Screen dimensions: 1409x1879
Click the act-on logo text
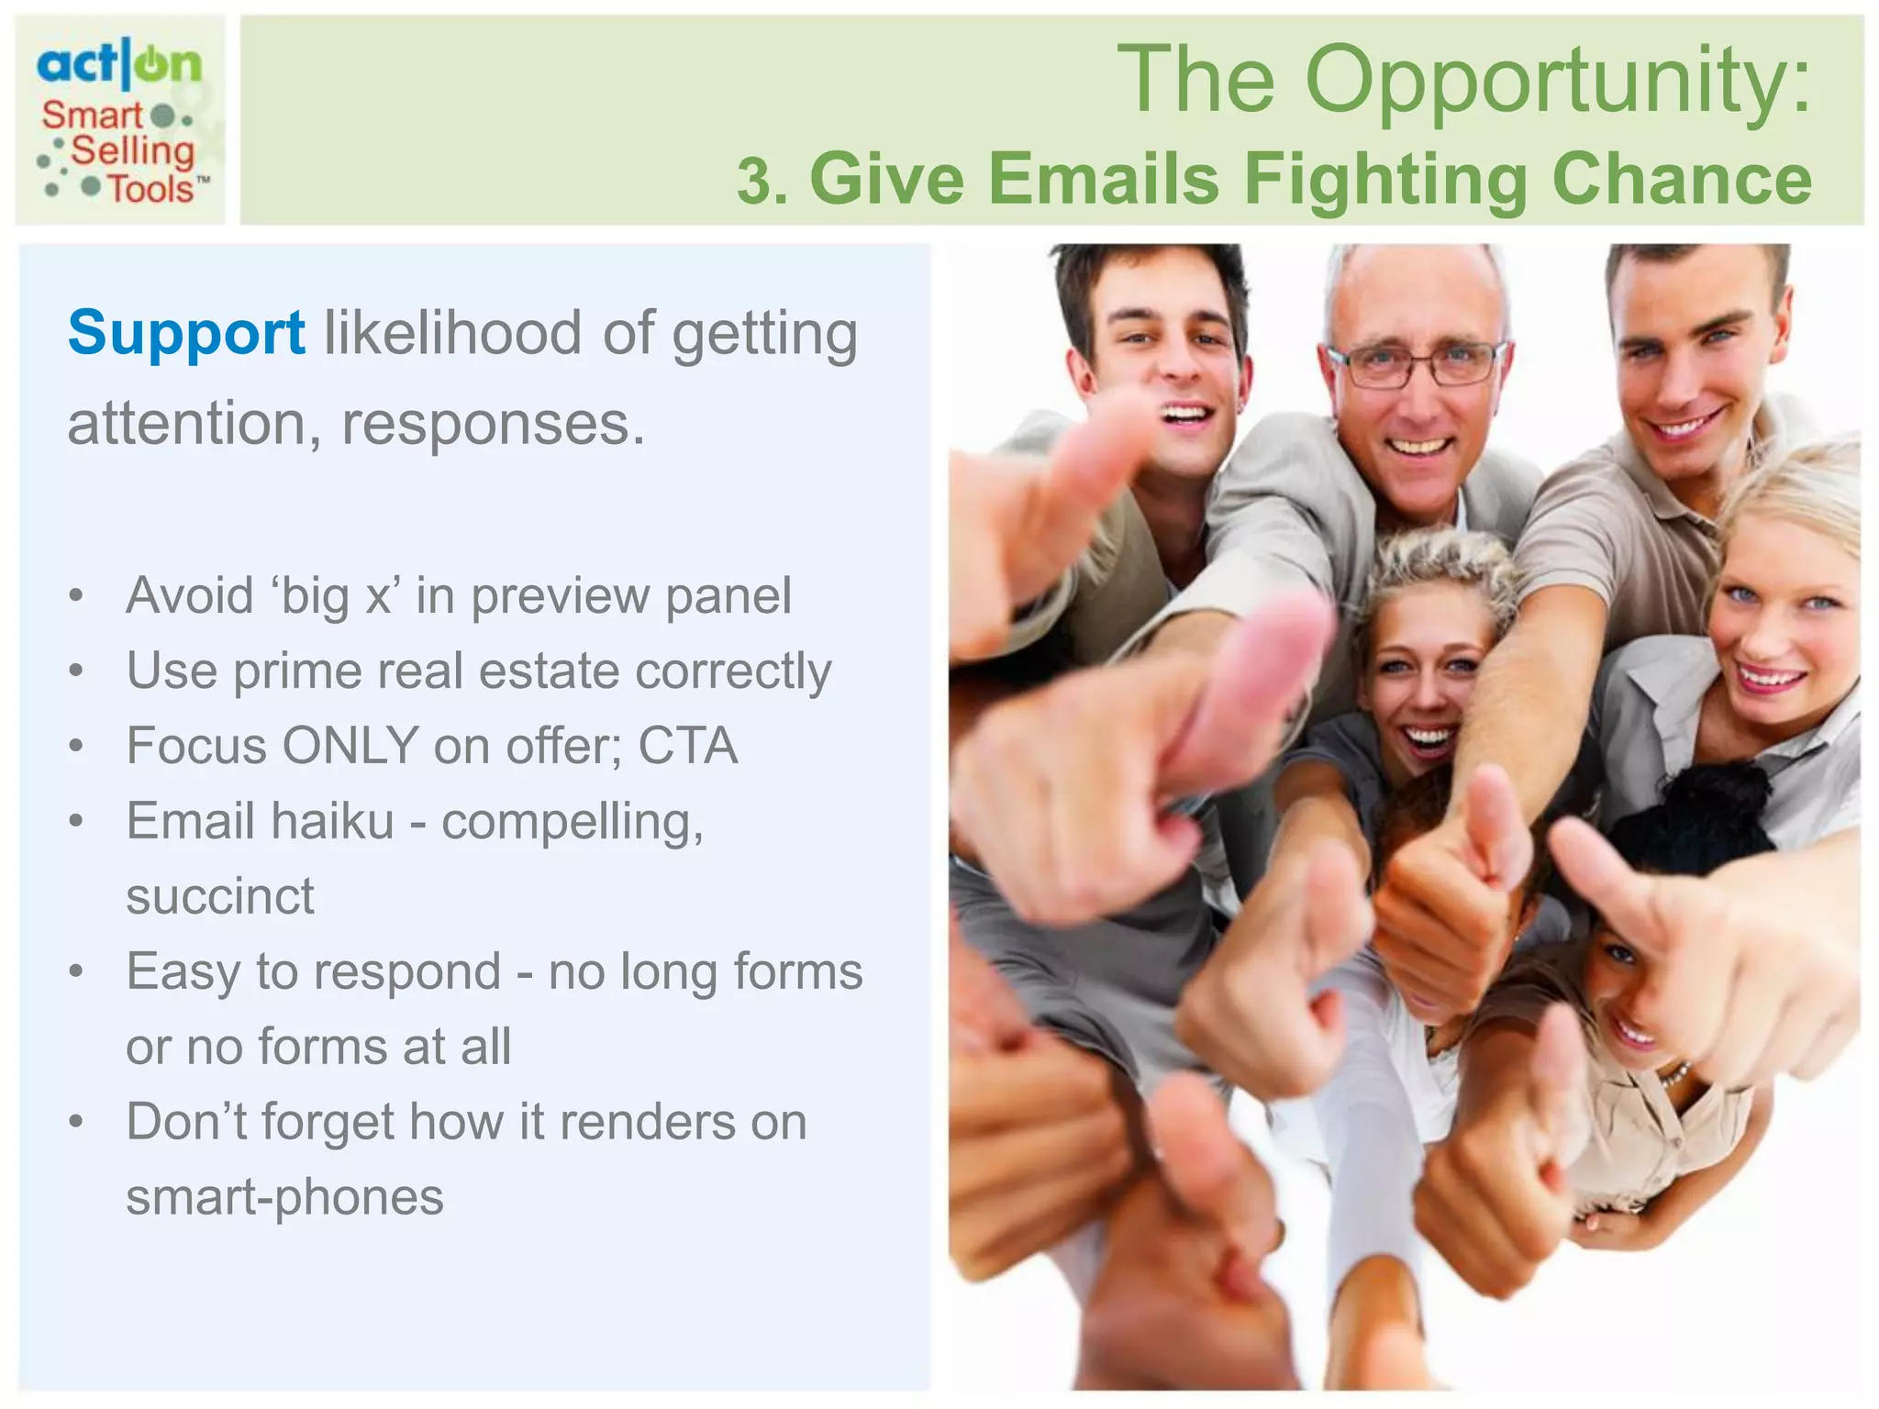(118, 64)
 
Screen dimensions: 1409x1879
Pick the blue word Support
(186, 332)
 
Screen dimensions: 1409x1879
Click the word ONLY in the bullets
(350, 745)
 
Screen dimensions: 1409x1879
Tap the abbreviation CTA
(687, 745)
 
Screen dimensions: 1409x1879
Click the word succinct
(220, 895)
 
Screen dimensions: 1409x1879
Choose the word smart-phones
(284, 1196)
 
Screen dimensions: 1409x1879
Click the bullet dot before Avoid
(77, 596)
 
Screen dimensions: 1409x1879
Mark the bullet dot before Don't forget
(77, 1122)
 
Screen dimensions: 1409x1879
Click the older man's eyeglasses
(1417, 363)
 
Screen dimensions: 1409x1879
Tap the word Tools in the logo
(150, 189)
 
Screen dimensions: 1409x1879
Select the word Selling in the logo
(133, 151)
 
